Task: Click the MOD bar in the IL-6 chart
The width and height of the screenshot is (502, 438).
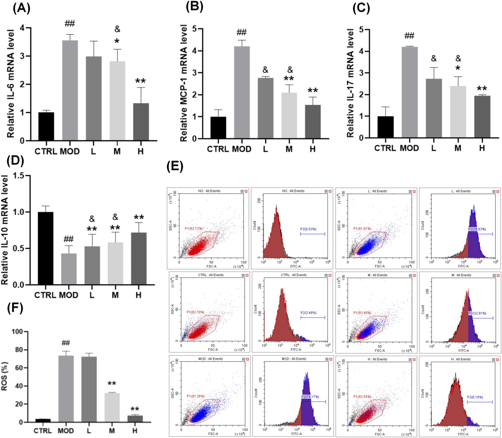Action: click(70, 91)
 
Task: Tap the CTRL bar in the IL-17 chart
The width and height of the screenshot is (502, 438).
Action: click(386, 127)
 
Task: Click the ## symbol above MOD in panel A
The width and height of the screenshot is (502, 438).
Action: click(70, 23)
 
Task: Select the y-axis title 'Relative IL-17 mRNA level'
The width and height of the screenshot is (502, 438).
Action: click(350, 84)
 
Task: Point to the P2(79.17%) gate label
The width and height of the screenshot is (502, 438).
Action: click(310, 397)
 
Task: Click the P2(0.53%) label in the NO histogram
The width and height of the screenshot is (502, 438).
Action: click(308, 229)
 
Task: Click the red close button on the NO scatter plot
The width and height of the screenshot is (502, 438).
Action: click(246, 191)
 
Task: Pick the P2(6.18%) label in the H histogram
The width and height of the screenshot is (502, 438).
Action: click(475, 397)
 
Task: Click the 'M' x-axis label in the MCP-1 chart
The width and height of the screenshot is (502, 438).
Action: click(289, 149)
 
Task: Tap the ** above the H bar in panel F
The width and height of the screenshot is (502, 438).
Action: click(135, 409)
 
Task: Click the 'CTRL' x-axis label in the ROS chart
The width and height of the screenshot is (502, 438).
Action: click(42, 431)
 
